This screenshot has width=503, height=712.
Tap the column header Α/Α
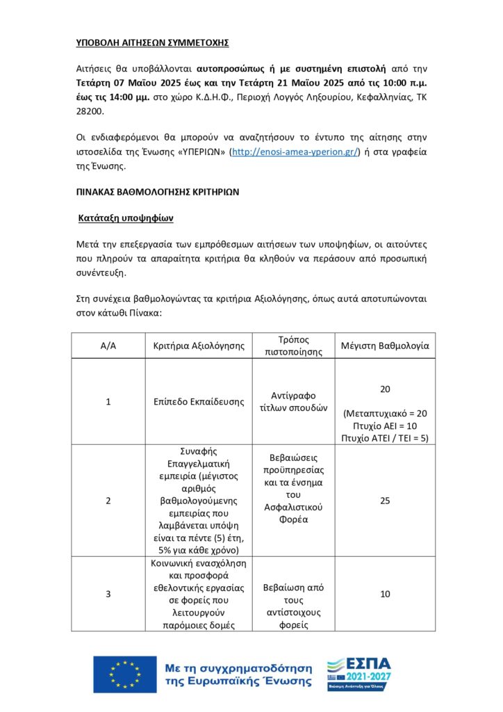pyautogui.click(x=108, y=346)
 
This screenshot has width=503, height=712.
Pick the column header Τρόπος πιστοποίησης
pyautogui.click(x=293, y=346)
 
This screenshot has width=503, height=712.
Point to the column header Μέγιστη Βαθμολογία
pyautogui.click(x=385, y=346)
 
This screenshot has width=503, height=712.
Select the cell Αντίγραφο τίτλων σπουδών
pyautogui.click(x=293, y=402)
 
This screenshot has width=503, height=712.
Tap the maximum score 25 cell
pyautogui.click(x=385, y=500)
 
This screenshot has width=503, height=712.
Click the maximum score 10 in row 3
pyautogui.click(x=385, y=594)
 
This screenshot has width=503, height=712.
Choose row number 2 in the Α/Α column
pyautogui.click(x=108, y=500)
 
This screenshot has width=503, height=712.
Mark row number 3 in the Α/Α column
pyautogui.click(x=108, y=594)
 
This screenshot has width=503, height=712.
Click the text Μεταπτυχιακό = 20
pyautogui.click(x=385, y=413)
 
